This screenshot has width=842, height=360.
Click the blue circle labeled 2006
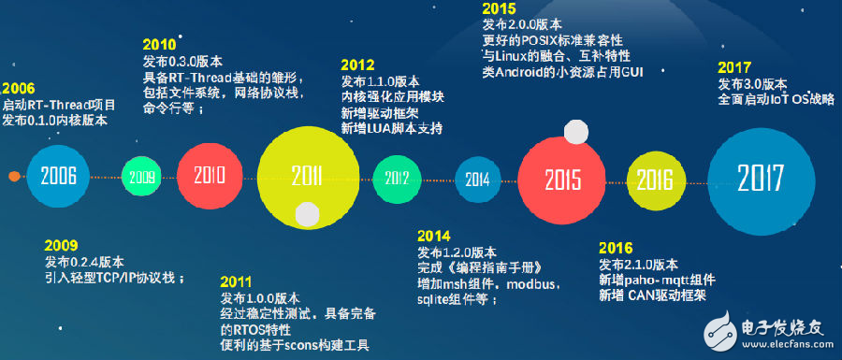[59, 176]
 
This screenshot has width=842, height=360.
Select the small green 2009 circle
[142, 177]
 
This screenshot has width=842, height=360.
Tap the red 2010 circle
[210, 176]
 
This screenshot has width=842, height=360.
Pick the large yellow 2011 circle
[308, 176]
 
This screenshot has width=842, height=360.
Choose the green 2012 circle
[397, 178]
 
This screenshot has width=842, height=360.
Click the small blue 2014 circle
[478, 180]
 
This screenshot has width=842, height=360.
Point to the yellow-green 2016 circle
[656, 180]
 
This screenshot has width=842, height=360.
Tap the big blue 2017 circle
[761, 178]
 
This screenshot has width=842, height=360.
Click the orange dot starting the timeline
[14, 176]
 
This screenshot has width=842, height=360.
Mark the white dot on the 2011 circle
[307, 213]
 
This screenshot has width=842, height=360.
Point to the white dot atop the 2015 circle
[576, 132]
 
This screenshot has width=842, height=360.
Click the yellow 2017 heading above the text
[734, 68]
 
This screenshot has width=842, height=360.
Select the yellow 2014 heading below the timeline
[434, 236]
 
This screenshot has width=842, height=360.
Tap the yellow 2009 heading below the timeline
[61, 246]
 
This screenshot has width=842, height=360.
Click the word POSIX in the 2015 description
[547, 41]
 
